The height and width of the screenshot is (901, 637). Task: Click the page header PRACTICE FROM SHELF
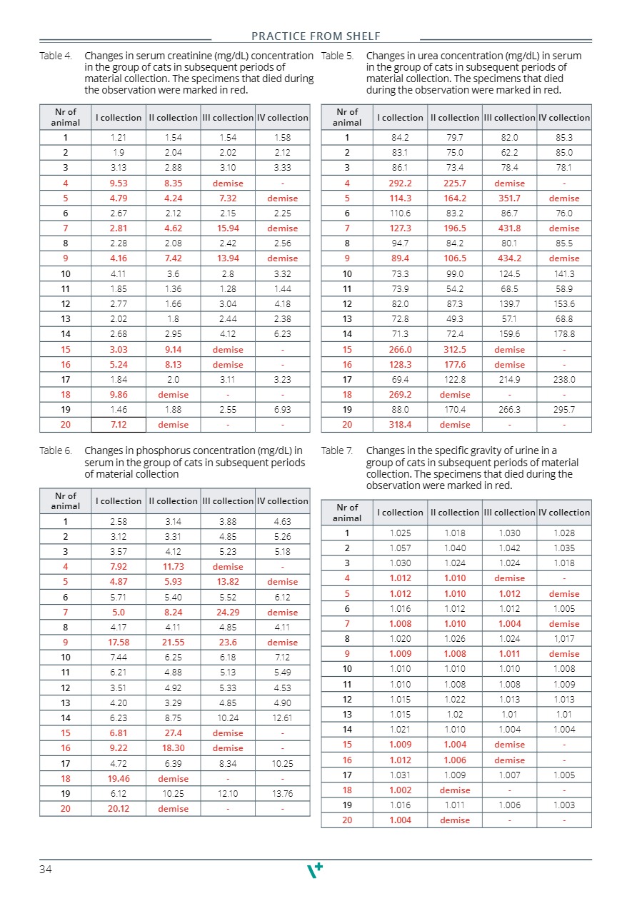point(316,36)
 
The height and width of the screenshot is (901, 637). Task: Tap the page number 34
point(46,869)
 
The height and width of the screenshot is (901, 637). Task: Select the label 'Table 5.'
point(338,56)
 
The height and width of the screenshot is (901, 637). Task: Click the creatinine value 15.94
point(228,228)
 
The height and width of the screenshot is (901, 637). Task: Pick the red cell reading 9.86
point(119,394)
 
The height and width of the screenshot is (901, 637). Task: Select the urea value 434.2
point(509,258)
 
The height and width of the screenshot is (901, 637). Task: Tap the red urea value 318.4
point(400,425)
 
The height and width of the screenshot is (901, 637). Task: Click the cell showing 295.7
point(564,410)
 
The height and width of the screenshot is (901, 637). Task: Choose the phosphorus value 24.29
point(228,613)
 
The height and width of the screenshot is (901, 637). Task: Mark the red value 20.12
point(119,809)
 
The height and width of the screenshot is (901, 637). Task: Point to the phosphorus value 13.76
point(283,794)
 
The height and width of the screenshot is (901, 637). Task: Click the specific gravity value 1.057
point(400,548)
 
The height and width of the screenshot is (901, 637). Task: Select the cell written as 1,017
point(564,639)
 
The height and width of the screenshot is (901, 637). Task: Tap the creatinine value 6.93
point(283,410)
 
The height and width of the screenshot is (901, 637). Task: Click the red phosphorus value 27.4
point(173,733)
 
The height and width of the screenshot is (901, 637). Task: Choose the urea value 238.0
point(564,380)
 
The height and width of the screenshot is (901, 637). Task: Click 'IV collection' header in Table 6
point(283,501)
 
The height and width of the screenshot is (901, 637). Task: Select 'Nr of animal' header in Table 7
point(347,513)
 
